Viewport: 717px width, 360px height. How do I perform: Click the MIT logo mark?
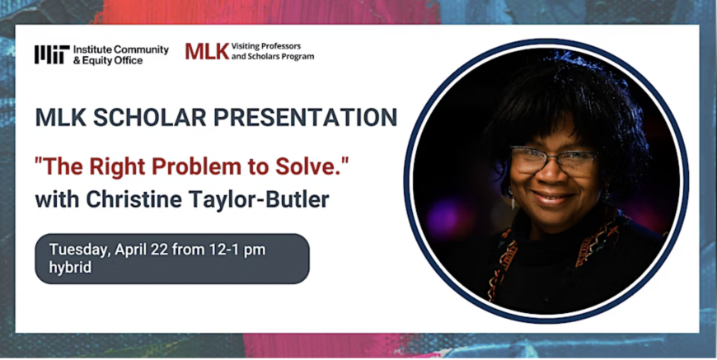pyautogui.click(x=51, y=55)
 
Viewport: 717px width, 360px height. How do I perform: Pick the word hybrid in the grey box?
pyautogui.click(x=69, y=268)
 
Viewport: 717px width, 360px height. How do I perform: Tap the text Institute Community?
pyautogui.click(x=120, y=49)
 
